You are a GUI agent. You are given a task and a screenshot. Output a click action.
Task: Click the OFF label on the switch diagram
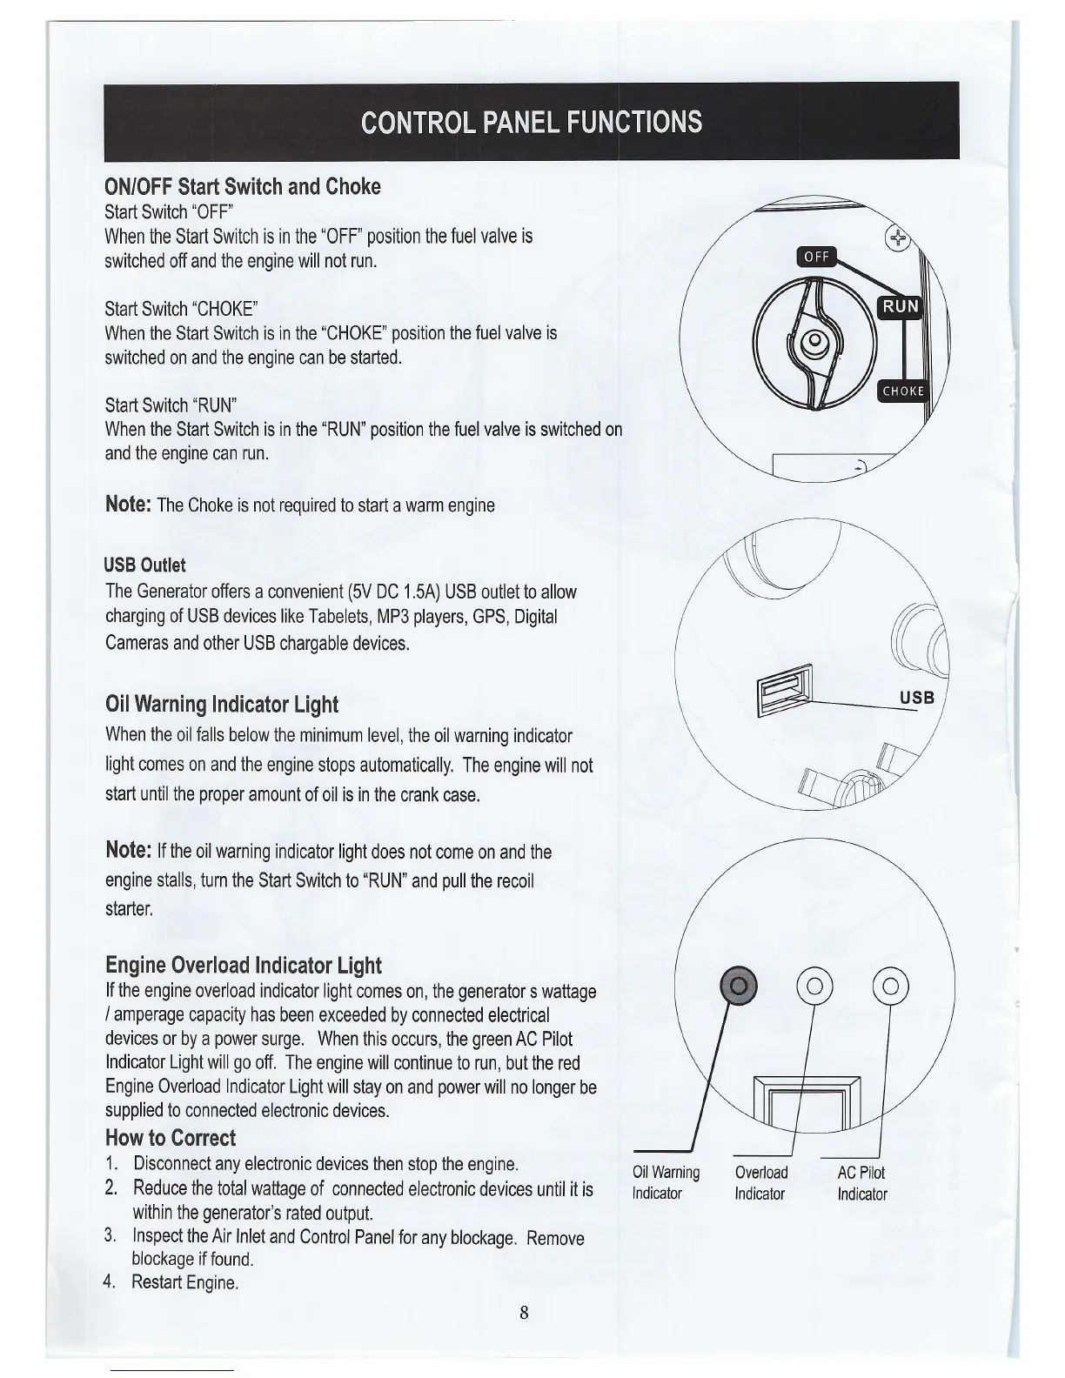[x=815, y=256]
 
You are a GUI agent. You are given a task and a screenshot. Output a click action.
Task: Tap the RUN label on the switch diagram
[x=900, y=305]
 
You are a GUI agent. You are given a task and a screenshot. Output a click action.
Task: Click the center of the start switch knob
[x=814, y=341]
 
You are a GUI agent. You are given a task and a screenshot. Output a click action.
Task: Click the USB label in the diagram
[x=915, y=698]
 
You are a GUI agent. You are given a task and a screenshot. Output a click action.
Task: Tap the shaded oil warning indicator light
[x=739, y=985]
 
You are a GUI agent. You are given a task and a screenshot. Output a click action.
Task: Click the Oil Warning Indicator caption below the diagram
[x=666, y=1183]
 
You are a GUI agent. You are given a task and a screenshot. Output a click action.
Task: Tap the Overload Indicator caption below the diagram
[x=760, y=1183]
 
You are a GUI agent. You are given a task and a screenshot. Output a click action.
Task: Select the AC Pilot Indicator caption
[x=861, y=1183]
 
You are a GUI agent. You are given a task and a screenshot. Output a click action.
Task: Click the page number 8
[x=524, y=1314]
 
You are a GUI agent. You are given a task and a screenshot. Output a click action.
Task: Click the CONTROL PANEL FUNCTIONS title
[x=531, y=121]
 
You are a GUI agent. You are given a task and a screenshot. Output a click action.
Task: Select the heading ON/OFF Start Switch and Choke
[x=242, y=187]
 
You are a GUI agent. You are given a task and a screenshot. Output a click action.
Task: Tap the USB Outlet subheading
[x=144, y=565]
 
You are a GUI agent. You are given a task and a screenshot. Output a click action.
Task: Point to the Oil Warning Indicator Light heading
[x=221, y=704]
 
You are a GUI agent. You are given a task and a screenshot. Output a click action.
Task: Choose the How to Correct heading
[x=170, y=1138]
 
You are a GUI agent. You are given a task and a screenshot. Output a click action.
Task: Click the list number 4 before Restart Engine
[x=110, y=1281]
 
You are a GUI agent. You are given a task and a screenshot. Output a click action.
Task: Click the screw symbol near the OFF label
[x=895, y=237]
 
